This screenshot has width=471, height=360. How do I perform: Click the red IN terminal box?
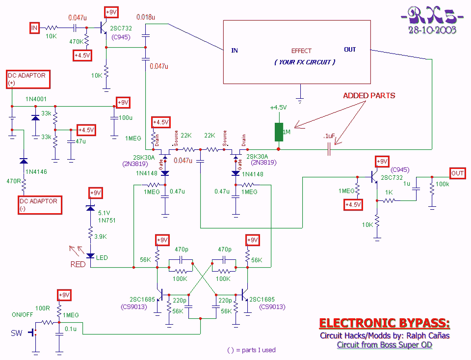[x=34, y=28]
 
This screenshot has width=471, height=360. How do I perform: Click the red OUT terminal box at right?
[x=457, y=173]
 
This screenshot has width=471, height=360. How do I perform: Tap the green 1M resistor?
[x=279, y=132]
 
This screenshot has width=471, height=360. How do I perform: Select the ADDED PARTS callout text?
[x=369, y=95]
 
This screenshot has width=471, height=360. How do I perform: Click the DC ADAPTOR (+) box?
[x=27, y=80]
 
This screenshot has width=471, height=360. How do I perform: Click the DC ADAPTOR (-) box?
[x=38, y=205]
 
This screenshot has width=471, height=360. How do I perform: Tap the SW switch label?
[x=17, y=333]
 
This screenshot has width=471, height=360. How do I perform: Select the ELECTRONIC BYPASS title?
[x=384, y=323]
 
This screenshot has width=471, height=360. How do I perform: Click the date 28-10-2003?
[x=432, y=30]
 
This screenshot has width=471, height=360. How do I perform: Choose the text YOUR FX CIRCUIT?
[x=305, y=62]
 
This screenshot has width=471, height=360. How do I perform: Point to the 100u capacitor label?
[x=126, y=118]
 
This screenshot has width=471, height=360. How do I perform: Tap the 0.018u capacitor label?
[x=146, y=17]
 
